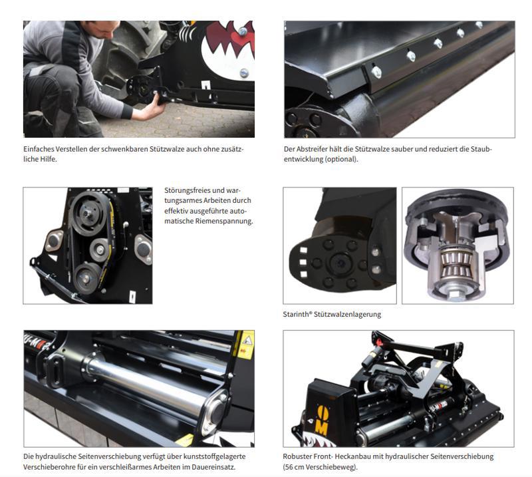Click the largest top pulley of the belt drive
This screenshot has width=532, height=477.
(x=88, y=212)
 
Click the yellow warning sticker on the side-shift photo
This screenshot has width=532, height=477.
(x=246, y=345)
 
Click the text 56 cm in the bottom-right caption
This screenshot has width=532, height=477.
(x=294, y=467)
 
